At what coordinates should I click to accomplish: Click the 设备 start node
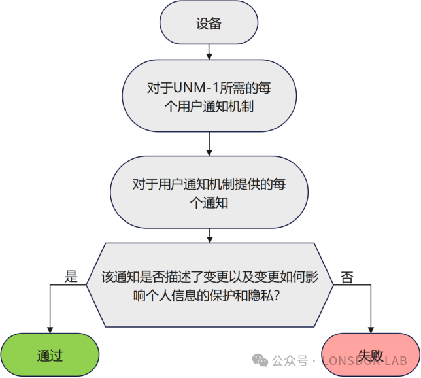[209, 24]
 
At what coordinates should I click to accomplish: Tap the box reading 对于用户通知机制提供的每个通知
[209, 193]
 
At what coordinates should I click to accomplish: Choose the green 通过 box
[50, 356]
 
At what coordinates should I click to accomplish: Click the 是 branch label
[71, 277]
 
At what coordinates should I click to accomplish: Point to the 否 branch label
[347, 277]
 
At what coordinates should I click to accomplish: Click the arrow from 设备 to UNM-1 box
[209, 52]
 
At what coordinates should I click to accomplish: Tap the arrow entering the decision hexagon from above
[209, 235]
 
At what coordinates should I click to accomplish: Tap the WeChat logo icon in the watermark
[260, 360]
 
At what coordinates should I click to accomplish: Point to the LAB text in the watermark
[394, 361]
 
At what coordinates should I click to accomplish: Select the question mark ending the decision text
[277, 295]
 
